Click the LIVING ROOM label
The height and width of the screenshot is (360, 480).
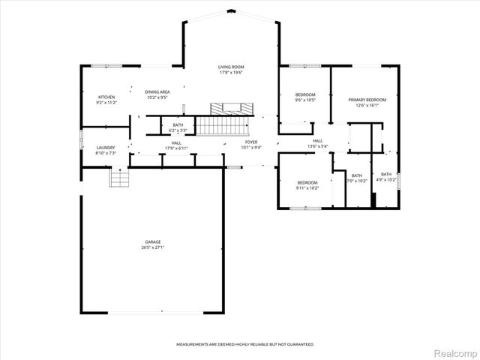231,67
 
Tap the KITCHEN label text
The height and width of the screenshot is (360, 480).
107,97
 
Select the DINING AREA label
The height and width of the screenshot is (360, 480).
157,91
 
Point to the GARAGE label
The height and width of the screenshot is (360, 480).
153,242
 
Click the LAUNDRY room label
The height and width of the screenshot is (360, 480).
106,148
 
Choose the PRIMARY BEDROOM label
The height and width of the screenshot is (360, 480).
367,100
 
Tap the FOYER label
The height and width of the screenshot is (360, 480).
251,142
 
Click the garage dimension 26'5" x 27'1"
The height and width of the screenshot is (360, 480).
153,247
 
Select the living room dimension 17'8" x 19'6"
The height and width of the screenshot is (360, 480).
231,73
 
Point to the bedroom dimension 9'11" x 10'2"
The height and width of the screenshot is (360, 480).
307,187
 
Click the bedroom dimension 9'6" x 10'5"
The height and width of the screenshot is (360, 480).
305,100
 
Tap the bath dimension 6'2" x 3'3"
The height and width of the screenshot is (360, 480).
178,130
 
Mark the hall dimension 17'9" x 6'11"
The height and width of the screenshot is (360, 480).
176,148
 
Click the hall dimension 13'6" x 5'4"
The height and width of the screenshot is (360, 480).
318,146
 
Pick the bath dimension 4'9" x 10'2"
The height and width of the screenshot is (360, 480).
386,180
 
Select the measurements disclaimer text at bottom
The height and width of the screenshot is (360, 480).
245,344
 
